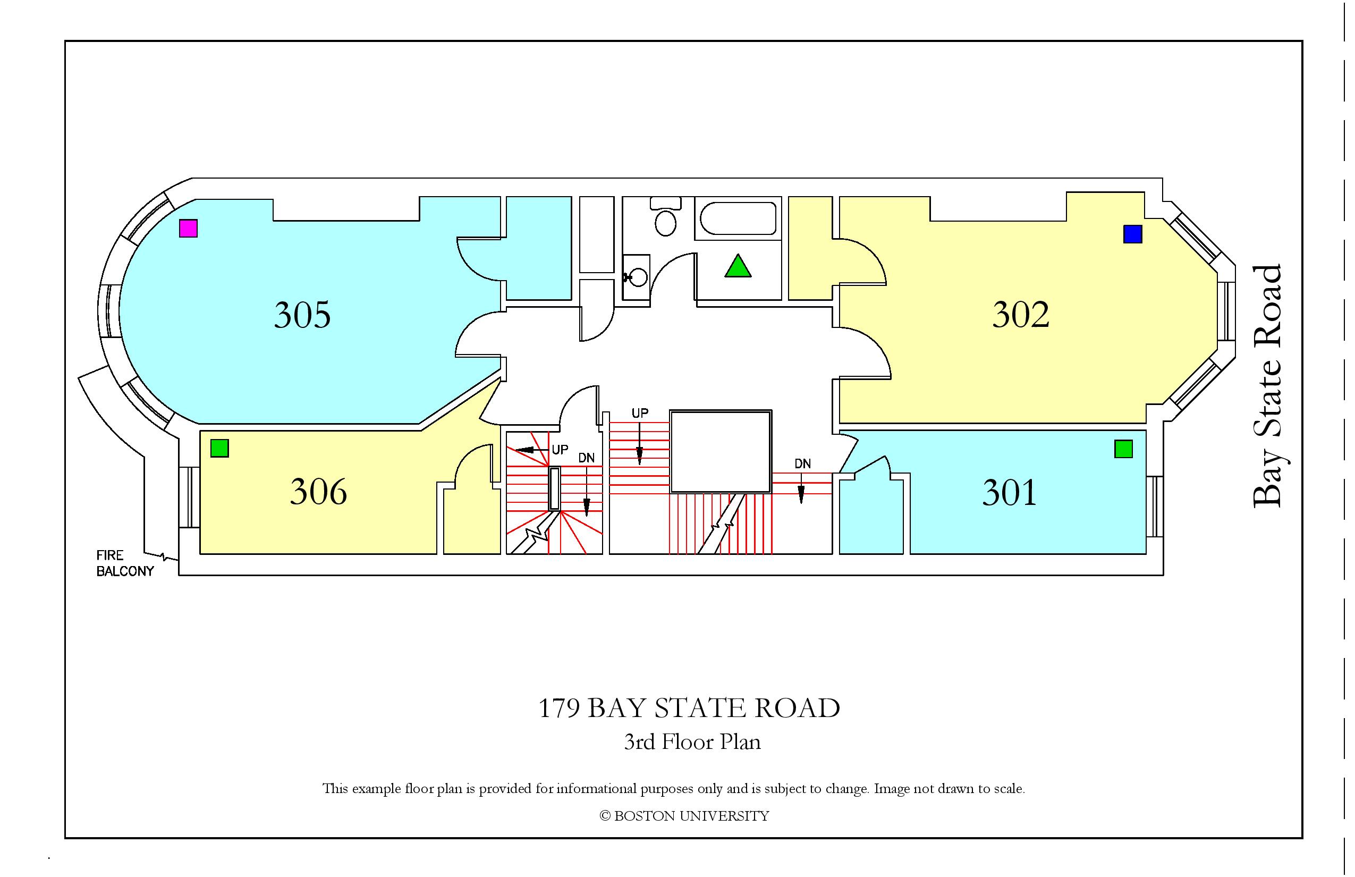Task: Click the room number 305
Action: tap(302, 315)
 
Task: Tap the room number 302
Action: tap(1021, 315)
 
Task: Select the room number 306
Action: tap(318, 492)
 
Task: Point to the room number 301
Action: tap(1009, 493)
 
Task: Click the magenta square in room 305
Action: tap(189, 229)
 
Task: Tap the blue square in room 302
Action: tap(1133, 234)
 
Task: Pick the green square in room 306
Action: tap(220, 448)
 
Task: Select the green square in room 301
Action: tap(1123, 449)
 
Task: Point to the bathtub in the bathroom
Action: tap(738, 218)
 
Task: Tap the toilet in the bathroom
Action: tap(665, 216)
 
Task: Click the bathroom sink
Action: tap(638, 277)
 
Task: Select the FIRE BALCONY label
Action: tap(125, 563)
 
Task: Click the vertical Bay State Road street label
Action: tap(1267, 386)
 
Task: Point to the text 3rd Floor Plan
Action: tap(692, 742)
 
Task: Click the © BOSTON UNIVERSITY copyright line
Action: tap(684, 816)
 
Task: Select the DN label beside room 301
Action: tap(803, 463)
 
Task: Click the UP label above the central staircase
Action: tap(640, 413)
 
